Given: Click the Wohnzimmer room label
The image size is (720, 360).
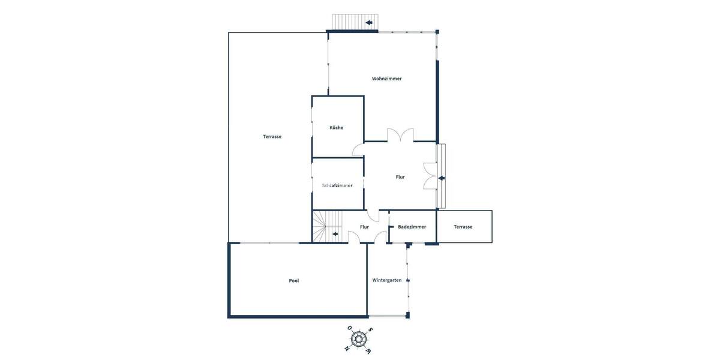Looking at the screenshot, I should (x=386, y=79).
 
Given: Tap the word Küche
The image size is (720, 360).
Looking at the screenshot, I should (x=336, y=128).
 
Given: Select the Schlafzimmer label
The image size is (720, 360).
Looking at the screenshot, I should (x=337, y=185).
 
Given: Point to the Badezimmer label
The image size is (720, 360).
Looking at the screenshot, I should (x=412, y=227).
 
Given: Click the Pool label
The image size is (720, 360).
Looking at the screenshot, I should (x=293, y=281).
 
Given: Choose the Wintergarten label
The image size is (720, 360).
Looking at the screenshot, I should (x=386, y=280).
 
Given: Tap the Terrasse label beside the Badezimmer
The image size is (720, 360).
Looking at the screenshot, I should (x=463, y=227).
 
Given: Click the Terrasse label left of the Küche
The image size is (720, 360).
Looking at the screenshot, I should (x=272, y=137).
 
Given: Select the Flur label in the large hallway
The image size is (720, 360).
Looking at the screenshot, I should (x=400, y=177).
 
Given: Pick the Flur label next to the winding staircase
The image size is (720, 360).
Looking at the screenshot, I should (x=364, y=227).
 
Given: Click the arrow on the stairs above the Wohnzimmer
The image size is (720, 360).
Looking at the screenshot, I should (x=369, y=23).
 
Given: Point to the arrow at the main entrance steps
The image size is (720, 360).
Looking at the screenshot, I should (x=442, y=178).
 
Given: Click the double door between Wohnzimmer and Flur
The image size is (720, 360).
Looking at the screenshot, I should (x=400, y=136).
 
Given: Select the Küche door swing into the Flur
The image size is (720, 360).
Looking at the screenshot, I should (x=358, y=150).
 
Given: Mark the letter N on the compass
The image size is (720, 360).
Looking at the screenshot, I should (x=347, y=348).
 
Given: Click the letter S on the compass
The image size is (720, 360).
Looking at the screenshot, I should (x=371, y=329).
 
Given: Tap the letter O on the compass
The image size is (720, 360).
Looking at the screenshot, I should (x=349, y=328).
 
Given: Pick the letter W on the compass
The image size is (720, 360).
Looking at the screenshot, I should (x=368, y=351).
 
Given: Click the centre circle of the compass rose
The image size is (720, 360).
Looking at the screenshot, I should (x=359, y=339).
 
